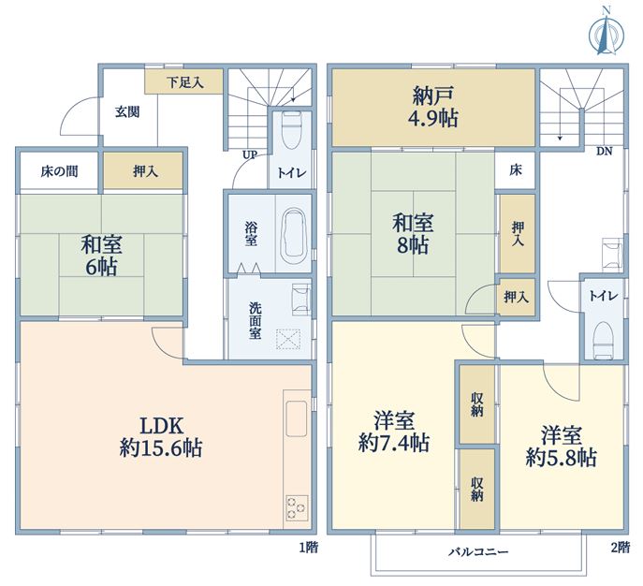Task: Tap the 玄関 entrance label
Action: coord(127,112)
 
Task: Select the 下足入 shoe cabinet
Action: coord(183,81)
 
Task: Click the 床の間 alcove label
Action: coord(60,171)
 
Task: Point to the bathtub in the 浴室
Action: coord(293,233)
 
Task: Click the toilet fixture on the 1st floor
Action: coord(292,131)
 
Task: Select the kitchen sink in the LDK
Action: coord(296,418)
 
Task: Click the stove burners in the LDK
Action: coord(297,508)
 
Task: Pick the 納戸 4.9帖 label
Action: coord(433,107)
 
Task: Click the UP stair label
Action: coord(250,155)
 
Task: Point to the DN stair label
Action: coord(604,152)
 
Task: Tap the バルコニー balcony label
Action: coord(477,552)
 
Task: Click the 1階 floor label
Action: coord(308,548)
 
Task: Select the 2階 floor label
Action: coord(620,548)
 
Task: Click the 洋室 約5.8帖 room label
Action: coord(561,447)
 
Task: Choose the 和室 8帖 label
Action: coord(413,234)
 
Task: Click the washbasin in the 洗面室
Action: coord(301,300)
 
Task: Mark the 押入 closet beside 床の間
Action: coord(142,170)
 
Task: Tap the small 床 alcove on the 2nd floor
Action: coord(516,169)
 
